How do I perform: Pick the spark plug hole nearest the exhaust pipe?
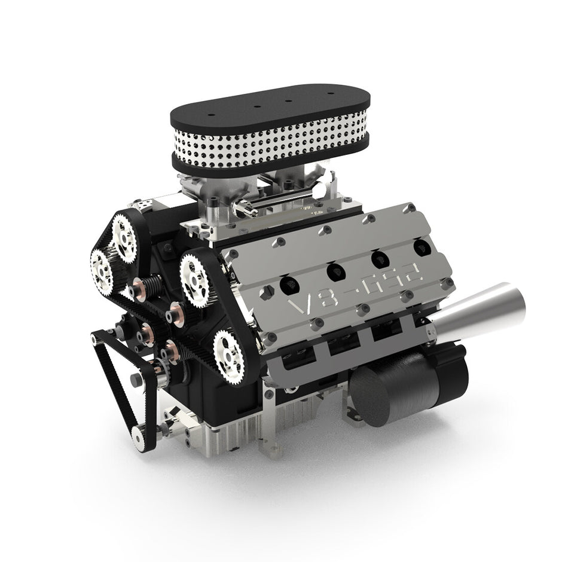point(421,246)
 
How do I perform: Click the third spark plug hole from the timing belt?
point(378,259)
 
